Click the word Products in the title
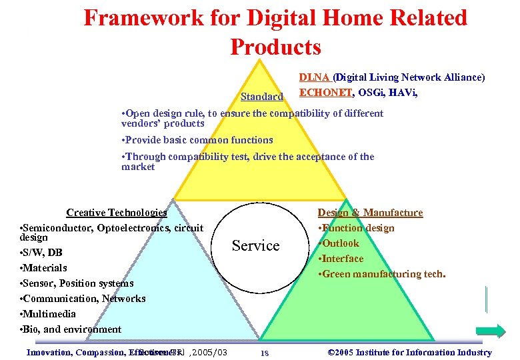coord(275,47)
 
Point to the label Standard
coord(262,97)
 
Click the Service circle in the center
coord(255,246)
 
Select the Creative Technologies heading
coord(117,213)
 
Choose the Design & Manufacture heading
coord(370,213)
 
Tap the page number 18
coord(264,353)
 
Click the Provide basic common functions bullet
coord(197,141)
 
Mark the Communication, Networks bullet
coord(83,299)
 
